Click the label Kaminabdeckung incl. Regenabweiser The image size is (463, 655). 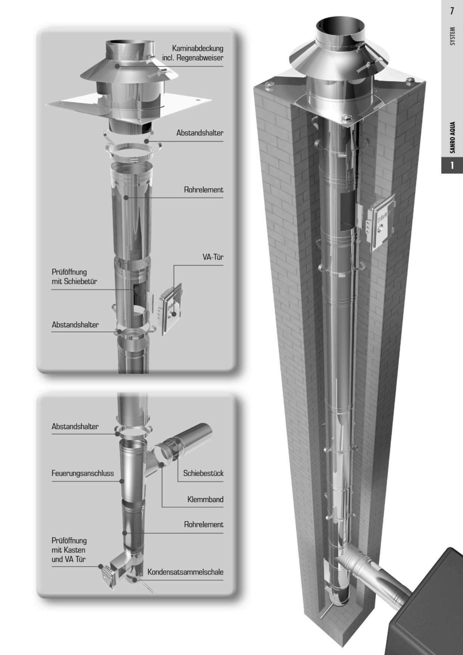pos(193,53)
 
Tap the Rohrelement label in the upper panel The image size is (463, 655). pos(203,190)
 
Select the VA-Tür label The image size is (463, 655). pos(213,257)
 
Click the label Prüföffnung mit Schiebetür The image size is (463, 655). pos(74,276)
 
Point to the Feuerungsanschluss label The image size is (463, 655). pos(83,473)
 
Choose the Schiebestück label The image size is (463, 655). pos(203,473)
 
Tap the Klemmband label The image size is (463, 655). pos(205,499)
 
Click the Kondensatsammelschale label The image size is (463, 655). pos(185,572)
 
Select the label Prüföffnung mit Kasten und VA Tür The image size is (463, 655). pos(69,550)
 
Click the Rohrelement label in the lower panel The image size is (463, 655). pos(203,524)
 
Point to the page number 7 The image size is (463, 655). pos(452,11)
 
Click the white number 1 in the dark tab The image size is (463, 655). pos(452,166)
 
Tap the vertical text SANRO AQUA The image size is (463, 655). pos(452,137)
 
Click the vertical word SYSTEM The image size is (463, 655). pos(452,36)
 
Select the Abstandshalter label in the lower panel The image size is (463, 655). pos(75,426)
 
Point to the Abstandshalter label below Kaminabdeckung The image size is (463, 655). pos(200,133)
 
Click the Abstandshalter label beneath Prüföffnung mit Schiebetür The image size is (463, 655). pos(75,325)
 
